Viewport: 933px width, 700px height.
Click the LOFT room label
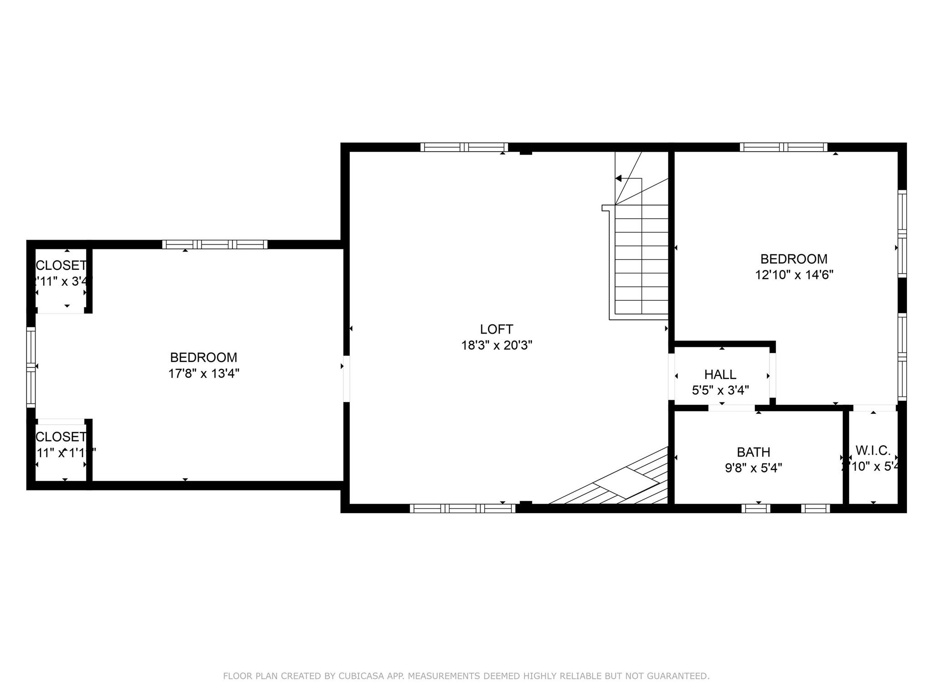coord(497,329)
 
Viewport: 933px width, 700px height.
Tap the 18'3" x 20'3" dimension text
coord(497,345)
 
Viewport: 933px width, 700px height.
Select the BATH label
coord(754,452)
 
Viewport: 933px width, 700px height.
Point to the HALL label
coord(720,375)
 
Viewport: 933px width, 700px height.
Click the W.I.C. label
coord(873,451)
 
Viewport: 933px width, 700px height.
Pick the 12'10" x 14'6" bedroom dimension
coord(794,275)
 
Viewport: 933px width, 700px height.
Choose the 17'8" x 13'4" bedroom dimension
coord(204,374)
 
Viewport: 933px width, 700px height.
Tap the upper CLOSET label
coord(61,265)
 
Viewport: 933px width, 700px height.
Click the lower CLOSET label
coord(61,437)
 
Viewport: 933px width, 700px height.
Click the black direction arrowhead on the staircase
coord(618,178)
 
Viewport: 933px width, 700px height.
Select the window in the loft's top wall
coord(464,147)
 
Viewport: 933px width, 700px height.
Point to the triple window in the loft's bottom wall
coord(462,509)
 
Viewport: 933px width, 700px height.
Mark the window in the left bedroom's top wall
coord(215,245)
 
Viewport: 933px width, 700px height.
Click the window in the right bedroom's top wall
coord(783,147)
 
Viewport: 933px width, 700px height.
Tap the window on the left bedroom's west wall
coord(31,367)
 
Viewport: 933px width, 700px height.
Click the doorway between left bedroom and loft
coord(346,379)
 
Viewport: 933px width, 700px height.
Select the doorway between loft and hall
coord(671,376)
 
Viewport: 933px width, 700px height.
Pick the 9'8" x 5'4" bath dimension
coord(754,468)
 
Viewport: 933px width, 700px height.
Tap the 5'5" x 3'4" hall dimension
coord(720,391)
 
